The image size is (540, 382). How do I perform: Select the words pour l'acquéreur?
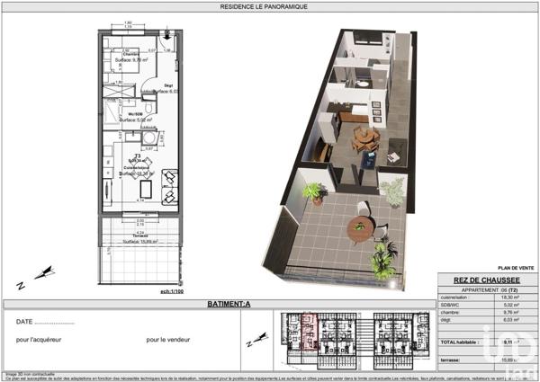pyautogui.click(x=40, y=341)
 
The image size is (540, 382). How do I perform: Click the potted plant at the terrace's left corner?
pyautogui.click(x=315, y=191)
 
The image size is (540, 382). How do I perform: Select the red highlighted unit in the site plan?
pyautogui.click(x=308, y=333)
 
